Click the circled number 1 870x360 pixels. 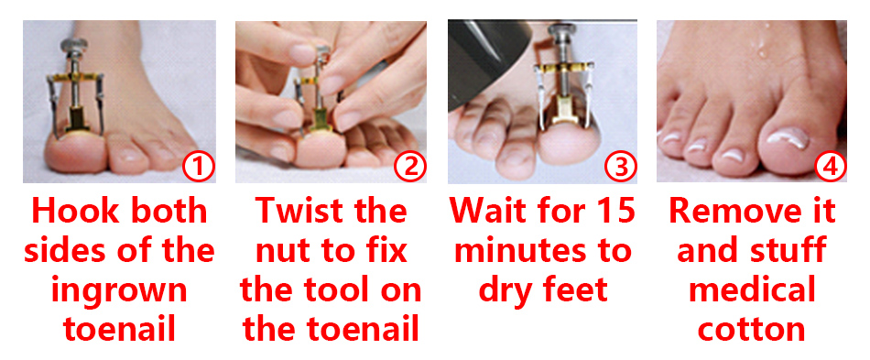coord(199,168)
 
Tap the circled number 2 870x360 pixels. coord(409,168)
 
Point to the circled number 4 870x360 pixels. coord(830,168)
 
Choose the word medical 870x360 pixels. coord(752,291)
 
